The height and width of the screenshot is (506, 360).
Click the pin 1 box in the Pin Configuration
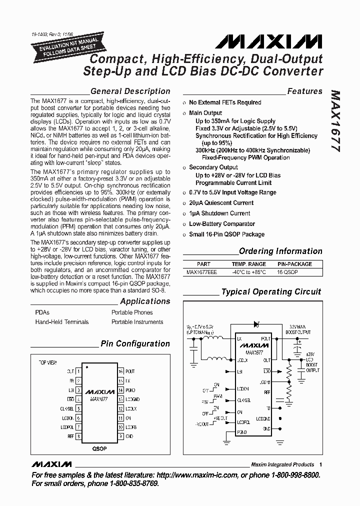point(79,371)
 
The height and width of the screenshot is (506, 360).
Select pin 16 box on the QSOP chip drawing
point(120,371)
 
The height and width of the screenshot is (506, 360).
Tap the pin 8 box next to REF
point(79,436)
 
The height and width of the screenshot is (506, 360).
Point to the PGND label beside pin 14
point(130,390)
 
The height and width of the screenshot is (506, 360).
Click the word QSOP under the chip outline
point(99,448)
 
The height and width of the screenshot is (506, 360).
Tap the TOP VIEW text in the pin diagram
point(48,361)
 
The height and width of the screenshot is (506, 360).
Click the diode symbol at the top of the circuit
point(256,324)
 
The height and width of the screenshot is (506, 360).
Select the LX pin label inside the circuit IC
point(240,339)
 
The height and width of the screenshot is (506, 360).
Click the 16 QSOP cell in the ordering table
point(294,272)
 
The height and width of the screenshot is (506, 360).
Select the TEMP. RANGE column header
point(248,264)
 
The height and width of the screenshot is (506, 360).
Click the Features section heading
point(304,91)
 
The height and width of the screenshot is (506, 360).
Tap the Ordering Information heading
point(280,251)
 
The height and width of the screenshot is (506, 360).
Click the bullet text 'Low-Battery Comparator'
point(222,224)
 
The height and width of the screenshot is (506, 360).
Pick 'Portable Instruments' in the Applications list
point(135,322)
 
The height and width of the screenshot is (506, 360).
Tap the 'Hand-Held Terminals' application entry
point(62,322)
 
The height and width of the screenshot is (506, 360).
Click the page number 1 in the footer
point(320,464)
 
